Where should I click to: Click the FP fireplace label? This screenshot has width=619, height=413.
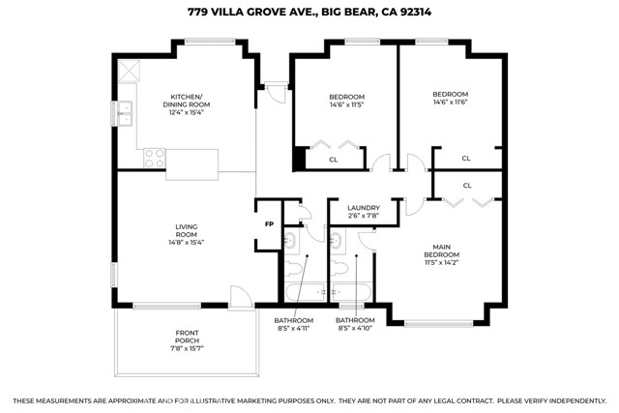pos(269,224)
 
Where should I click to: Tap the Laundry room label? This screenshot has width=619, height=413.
pos(364,208)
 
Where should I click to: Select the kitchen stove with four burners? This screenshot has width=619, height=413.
pos(155,158)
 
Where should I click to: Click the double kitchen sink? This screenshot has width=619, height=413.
pos(126,113)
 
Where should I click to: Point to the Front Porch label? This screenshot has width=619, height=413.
pos(187,337)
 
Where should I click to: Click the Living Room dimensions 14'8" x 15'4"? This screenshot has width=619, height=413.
pos(187,242)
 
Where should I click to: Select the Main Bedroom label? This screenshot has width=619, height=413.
pos(442,251)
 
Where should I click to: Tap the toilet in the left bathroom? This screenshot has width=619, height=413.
pos(293,269)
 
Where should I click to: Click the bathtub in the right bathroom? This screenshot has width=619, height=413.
pos(350,292)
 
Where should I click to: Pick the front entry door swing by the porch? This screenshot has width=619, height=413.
pos(241,297)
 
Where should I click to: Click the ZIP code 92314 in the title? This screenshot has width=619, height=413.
pos(416,12)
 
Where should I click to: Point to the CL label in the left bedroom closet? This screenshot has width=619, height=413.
pos(334,160)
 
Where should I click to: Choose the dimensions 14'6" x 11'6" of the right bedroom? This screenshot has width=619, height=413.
pos(451,102)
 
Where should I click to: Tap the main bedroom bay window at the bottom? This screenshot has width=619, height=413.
pos(438,324)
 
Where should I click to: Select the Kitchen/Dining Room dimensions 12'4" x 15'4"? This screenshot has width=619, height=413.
pos(187,112)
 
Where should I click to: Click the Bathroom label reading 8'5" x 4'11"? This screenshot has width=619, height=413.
pos(294,328)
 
